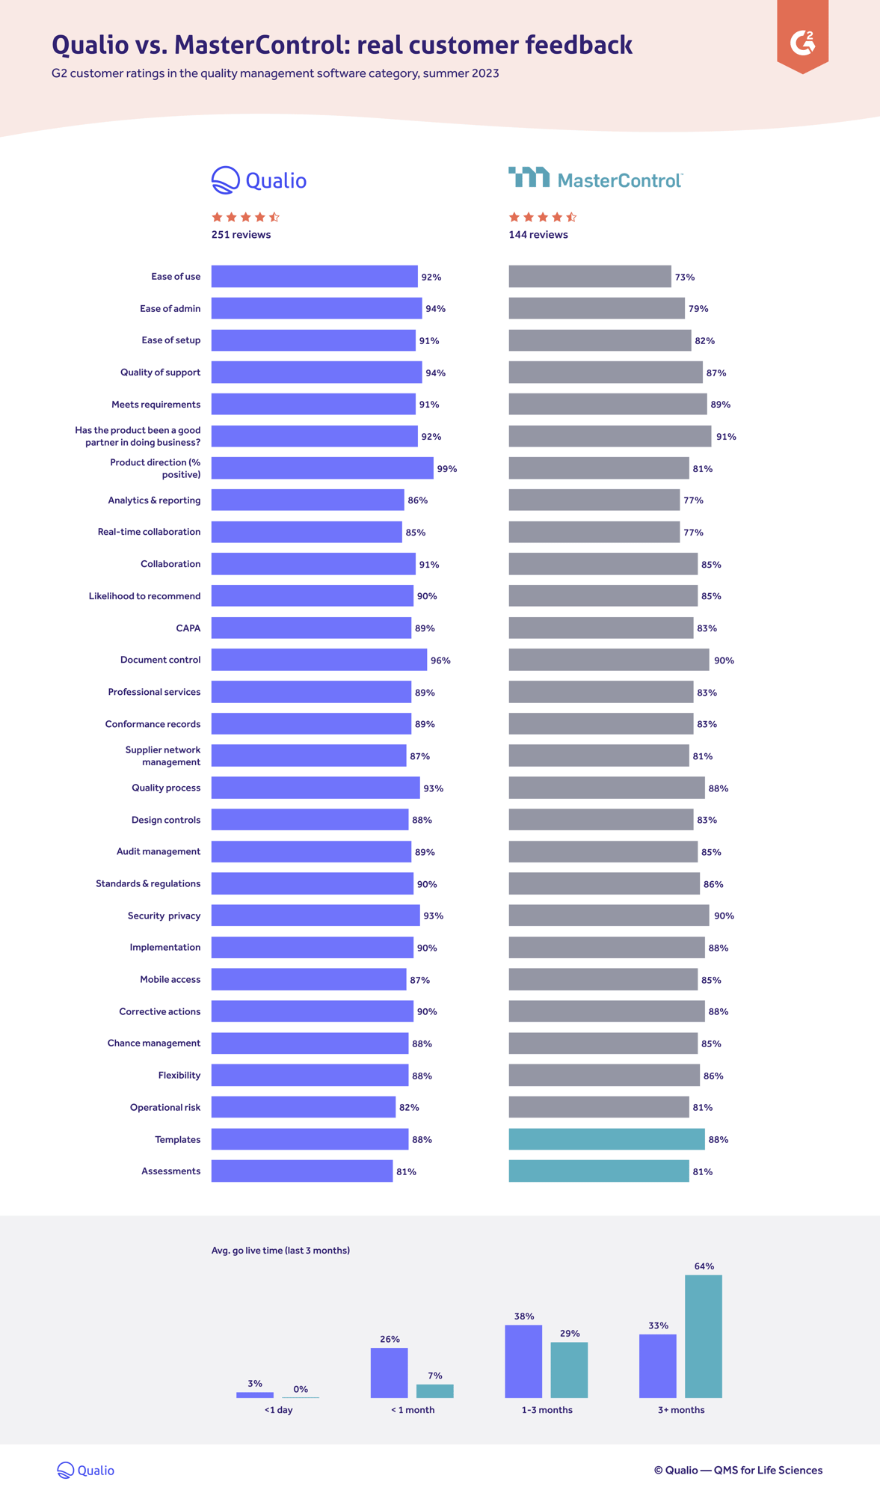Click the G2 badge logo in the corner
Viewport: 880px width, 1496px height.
(x=802, y=42)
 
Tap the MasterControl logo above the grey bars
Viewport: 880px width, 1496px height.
(x=595, y=179)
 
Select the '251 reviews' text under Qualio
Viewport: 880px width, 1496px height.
(x=241, y=235)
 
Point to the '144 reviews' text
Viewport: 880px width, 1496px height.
(x=538, y=235)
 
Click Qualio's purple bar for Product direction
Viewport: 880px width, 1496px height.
(x=321, y=468)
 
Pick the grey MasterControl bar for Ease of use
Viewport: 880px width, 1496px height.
(x=589, y=277)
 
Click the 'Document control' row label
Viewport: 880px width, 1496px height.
(x=160, y=660)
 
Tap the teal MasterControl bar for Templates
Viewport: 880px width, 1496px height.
(x=606, y=1139)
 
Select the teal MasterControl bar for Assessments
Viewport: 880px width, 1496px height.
(x=598, y=1171)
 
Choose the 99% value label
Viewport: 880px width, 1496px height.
(x=447, y=469)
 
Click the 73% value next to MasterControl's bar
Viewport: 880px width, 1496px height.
(x=685, y=278)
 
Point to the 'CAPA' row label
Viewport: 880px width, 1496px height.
(x=188, y=628)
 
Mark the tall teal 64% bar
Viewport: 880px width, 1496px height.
(x=704, y=1336)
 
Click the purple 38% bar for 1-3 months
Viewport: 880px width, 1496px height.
(x=523, y=1361)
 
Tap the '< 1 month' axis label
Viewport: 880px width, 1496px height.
(x=412, y=1410)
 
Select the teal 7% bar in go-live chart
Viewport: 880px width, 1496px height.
(x=434, y=1391)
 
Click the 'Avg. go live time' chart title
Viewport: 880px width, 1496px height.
(x=280, y=1251)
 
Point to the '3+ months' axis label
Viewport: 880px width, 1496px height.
(x=681, y=1410)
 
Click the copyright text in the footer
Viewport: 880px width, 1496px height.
(x=738, y=1470)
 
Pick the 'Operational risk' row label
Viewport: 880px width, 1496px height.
(x=164, y=1107)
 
